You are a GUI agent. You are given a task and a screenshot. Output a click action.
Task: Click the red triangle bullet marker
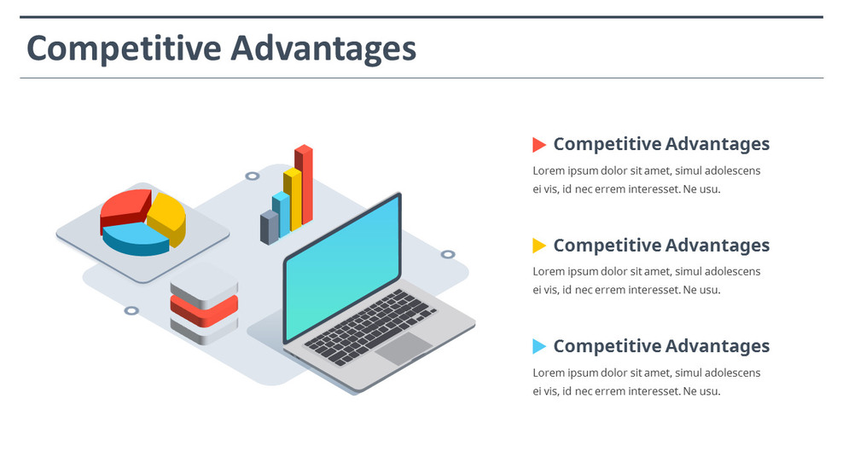pyautogui.click(x=538, y=145)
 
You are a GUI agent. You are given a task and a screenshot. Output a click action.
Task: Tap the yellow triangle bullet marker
pyautogui.click(x=538, y=246)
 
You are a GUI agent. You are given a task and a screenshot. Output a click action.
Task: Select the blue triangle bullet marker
pyautogui.click(x=538, y=346)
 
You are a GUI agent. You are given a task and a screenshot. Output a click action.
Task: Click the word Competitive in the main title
pyautogui.click(x=125, y=48)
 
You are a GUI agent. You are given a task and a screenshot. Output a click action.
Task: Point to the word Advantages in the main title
pyautogui.click(x=324, y=48)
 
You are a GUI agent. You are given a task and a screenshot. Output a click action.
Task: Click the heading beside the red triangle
pyautogui.click(x=661, y=144)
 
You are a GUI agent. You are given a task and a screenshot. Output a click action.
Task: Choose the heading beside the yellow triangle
pyautogui.click(x=661, y=246)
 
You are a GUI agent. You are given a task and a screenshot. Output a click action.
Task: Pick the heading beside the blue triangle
pyautogui.click(x=661, y=346)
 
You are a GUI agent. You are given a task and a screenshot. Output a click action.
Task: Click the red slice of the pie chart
pyautogui.click(x=125, y=208)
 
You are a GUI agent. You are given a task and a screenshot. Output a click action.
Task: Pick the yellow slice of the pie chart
pyautogui.click(x=168, y=217)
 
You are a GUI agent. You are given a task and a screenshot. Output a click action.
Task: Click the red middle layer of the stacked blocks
pyautogui.click(x=203, y=309)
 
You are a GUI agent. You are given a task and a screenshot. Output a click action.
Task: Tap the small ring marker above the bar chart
pyautogui.click(x=252, y=176)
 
